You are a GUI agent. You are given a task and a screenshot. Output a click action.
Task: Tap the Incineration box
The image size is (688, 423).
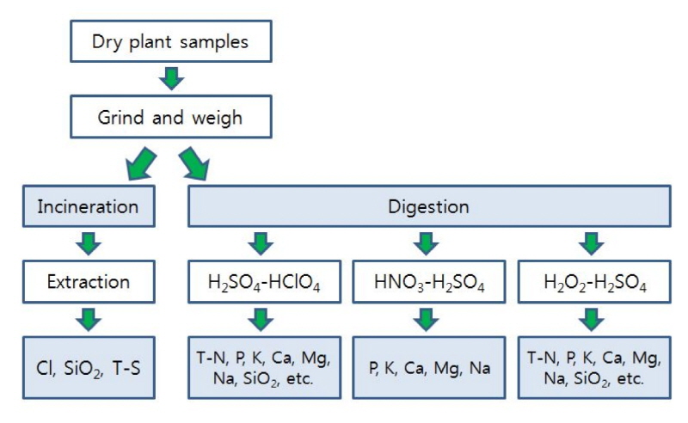pos(89,207)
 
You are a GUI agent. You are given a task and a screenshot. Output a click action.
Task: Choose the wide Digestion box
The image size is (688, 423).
pos(429,207)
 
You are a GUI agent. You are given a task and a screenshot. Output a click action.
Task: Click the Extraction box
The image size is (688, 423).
pos(89,282)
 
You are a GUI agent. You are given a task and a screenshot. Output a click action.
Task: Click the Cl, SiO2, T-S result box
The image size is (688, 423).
pos(89,367)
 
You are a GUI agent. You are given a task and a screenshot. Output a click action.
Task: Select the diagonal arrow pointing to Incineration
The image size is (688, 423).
pos(141,162)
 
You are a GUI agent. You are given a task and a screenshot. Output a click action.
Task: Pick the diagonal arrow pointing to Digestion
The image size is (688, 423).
pos(195,162)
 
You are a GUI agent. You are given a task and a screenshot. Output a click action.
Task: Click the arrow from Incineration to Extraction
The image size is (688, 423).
pos(89,244)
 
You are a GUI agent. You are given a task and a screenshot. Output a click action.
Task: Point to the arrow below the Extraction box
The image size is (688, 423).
pos(89,320)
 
